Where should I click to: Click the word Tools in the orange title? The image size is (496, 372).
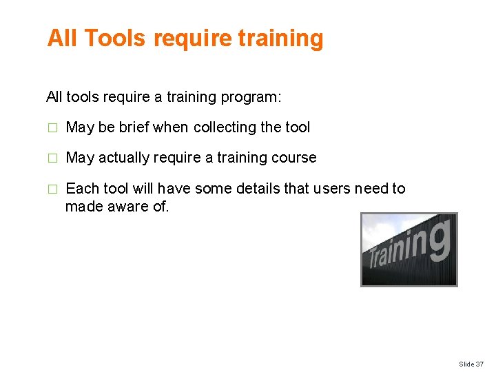pyautogui.click(x=116, y=39)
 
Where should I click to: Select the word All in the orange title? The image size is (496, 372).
pyautogui.click(x=61, y=39)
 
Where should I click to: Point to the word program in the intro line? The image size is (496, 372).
pyautogui.click(x=250, y=97)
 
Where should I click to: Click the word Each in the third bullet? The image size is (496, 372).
pyautogui.click(x=82, y=189)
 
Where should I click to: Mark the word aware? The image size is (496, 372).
pyautogui.click(x=127, y=206)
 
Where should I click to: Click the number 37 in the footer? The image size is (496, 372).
pyautogui.click(x=479, y=364)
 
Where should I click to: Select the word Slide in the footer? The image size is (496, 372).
pyautogui.click(x=466, y=364)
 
